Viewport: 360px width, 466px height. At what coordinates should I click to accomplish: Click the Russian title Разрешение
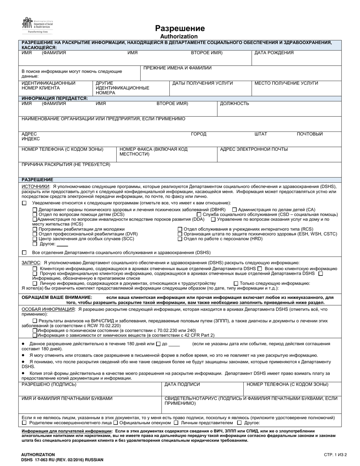pyautogui.click(x=180, y=29)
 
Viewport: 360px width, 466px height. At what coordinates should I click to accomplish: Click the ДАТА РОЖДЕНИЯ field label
pyautogui.click(x=274, y=53)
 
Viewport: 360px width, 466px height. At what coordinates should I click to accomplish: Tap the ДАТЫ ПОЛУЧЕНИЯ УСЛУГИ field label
pyautogui.click(x=203, y=83)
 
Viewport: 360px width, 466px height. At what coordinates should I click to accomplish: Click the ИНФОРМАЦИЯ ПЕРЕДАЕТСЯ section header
pyautogui.click(x=55, y=98)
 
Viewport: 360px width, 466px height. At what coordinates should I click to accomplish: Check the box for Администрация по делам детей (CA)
pyautogui.click(x=235, y=210)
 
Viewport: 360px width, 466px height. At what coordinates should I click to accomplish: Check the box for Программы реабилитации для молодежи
pyautogui.click(x=35, y=229)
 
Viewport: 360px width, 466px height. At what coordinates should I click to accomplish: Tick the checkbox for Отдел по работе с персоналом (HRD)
pyautogui.click(x=180, y=239)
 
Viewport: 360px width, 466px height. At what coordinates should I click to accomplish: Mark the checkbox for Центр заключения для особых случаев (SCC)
pyautogui.click(x=35, y=239)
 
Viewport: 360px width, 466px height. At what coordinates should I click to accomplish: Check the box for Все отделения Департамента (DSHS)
pyautogui.click(x=24, y=252)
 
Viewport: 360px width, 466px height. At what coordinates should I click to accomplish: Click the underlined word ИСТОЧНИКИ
pyautogui.click(x=35, y=186)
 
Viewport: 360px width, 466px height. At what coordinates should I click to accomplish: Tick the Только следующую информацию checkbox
pyautogui.click(x=236, y=283)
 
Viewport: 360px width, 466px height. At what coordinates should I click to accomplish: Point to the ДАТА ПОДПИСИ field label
pyautogui.click(x=182, y=385)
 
